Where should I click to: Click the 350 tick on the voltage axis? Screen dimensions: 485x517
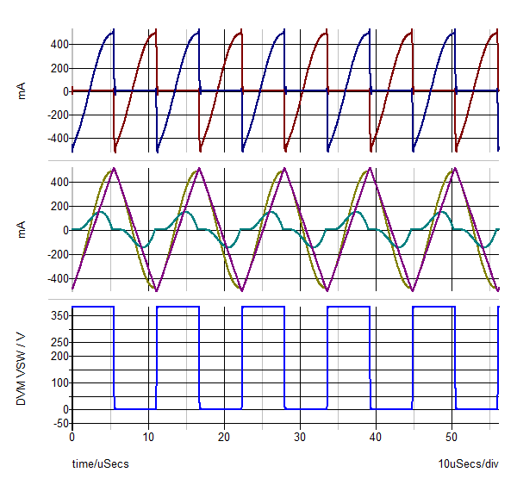(x=57, y=316)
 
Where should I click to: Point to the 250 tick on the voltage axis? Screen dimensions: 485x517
(x=57, y=342)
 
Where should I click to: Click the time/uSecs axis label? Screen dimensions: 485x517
(x=100, y=464)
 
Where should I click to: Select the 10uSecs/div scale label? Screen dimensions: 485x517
(x=469, y=464)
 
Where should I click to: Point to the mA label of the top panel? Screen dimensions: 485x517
(x=23, y=91)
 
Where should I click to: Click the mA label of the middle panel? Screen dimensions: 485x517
(x=23, y=230)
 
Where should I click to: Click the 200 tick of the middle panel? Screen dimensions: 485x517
(x=57, y=207)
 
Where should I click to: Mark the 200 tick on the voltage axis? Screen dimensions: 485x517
(x=57, y=356)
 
